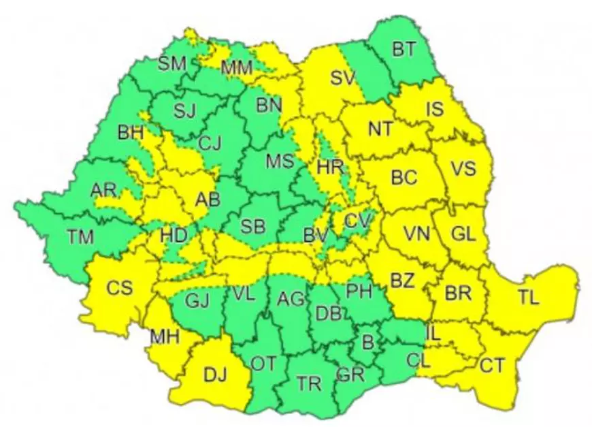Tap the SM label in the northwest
173,64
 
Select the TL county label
528,298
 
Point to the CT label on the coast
493,366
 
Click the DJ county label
215,373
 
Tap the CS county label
120,288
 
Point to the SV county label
343,78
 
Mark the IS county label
435,108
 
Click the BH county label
131,133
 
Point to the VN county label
416,234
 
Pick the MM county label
237,67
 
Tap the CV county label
357,221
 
